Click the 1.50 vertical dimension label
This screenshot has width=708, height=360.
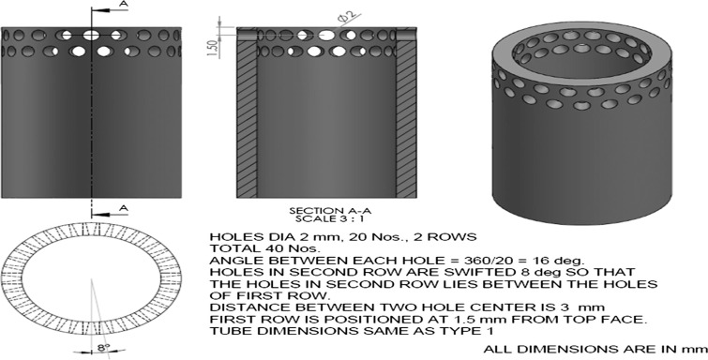click(213, 48)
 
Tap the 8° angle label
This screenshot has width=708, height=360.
click(102, 348)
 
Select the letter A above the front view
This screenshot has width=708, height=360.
click(124, 4)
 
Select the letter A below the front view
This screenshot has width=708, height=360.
click(124, 208)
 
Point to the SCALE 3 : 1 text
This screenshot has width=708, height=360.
click(330, 219)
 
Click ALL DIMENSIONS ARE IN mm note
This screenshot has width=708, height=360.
click(595, 349)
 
